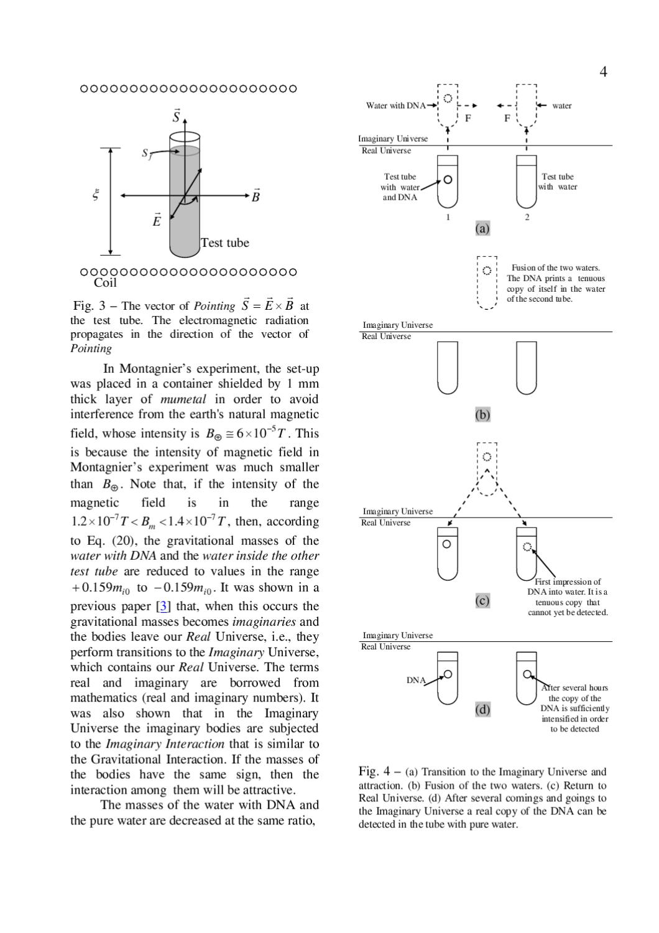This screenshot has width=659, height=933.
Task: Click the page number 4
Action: click(x=603, y=72)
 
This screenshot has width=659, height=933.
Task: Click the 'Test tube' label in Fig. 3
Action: click(x=225, y=243)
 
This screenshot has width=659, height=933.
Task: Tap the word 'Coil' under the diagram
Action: click(x=105, y=283)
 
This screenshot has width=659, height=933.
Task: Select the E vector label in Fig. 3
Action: click(x=157, y=220)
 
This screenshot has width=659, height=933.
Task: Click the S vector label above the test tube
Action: click(x=177, y=116)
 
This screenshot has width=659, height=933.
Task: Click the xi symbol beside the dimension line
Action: click(x=96, y=195)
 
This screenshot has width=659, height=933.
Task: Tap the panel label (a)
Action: click(x=482, y=228)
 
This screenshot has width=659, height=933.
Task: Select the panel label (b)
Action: click(x=482, y=414)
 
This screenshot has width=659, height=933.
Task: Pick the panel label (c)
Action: click(x=482, y=600)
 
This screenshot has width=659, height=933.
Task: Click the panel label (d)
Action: click(x=482, y=709)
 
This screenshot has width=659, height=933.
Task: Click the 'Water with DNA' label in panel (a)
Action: click(x=395, y=105)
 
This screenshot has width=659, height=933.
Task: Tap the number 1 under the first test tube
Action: click(x=448, y=217)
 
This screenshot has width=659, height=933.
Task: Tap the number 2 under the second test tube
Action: click(x=527, y=217)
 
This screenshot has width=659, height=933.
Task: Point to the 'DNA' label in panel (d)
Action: click(x=416, y=680)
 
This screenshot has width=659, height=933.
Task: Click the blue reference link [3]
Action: click(x=163, y=606)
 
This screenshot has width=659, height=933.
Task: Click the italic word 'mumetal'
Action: click(x=183, y=399)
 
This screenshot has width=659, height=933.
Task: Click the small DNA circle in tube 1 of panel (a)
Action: click(x=448, y=180)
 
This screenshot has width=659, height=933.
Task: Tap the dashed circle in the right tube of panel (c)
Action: click(x=527, y=547)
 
